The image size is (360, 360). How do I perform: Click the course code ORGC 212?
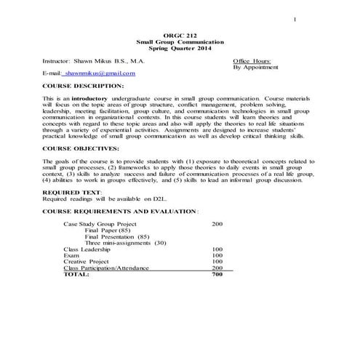[180, 36]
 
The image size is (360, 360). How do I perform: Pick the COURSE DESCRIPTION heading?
[83, 86]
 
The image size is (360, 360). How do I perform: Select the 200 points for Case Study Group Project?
[217, 224]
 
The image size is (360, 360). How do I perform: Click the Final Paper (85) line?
[109, 231]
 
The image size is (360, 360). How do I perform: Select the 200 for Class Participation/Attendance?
[217, 268]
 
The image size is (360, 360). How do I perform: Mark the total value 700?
[217, 275]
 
